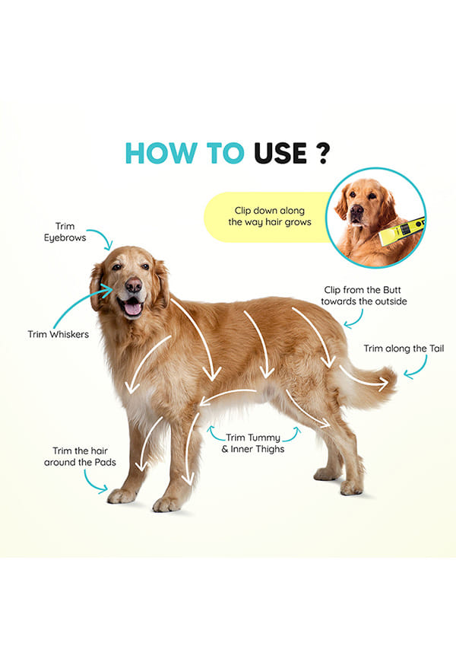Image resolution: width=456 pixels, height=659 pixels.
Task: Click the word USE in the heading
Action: (x=280, y=153)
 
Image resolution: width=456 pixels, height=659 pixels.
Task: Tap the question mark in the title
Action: (x=322, y=153)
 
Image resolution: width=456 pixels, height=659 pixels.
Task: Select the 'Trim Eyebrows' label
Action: (x=65, y=232)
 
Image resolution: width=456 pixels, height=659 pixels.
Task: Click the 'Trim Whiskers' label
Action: (x=59, y=335)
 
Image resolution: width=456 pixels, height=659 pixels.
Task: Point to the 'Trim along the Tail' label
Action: (x=404, y=349)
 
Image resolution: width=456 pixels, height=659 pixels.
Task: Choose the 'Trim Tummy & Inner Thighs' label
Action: (x=253, y=444)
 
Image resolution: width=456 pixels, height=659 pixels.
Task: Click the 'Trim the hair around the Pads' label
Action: (x=80, y=457)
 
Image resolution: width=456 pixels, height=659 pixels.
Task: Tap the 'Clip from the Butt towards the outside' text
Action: (x=363, y=295)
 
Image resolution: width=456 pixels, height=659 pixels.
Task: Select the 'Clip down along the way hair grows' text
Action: (x=270, y=216)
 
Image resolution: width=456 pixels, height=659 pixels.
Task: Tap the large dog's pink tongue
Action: (x=133, y=309)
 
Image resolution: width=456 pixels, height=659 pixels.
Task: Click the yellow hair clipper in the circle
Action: (x=402, y=231)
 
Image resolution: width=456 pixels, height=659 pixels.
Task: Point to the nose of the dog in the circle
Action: (x=357, y=210)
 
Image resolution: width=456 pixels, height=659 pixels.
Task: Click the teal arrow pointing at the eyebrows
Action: (x=103, y=237)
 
